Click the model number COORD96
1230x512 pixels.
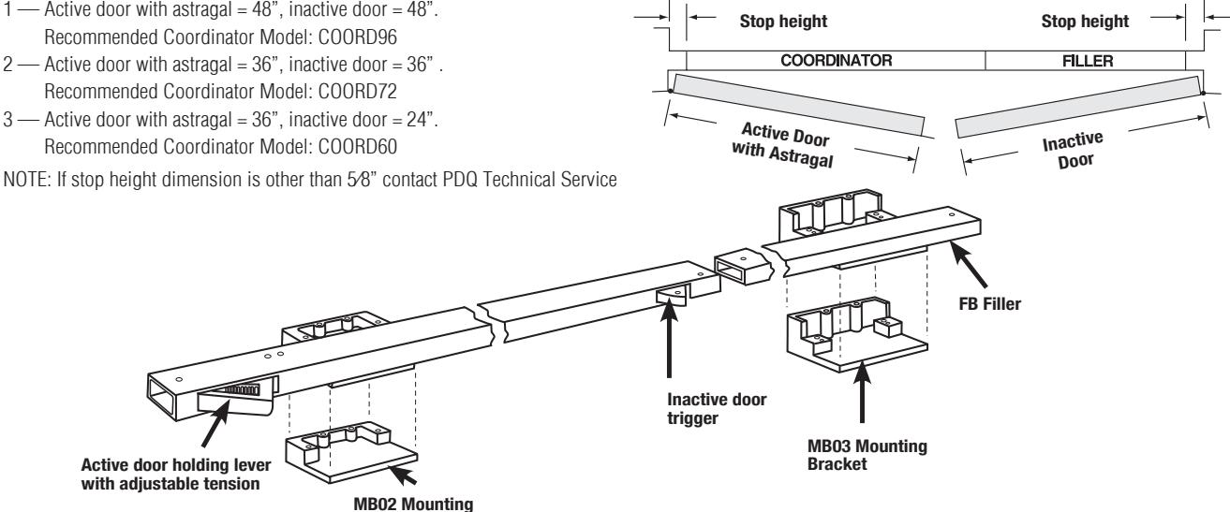[x=358, y=37]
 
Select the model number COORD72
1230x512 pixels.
[x=358, y=92]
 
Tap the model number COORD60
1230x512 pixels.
[x=358, y=147]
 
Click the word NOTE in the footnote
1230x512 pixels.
[x=26, y=180]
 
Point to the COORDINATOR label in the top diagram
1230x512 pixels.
[x=837, y=60]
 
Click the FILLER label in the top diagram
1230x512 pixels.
[x=1088, y=61]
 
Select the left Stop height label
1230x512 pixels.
[x=783, y=22]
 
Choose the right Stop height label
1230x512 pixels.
[x=1085, y=22]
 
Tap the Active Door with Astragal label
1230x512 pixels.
[x=783, y=145]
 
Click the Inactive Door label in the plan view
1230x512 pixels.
[x=1073, y=151]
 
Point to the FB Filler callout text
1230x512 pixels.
[x=989, y=304]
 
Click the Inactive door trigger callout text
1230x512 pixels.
[x=717, y=408]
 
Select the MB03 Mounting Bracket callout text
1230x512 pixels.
[x=867, y=455]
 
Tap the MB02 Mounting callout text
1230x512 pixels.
[x=413, y=504]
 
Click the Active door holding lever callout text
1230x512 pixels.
[x=176, y=475]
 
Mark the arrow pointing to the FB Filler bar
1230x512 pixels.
[x=969, y=265]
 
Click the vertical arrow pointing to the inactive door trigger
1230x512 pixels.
[x=669, y=338]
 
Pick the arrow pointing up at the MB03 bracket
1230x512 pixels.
[x=862, y=391]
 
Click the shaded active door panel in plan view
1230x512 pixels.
[x=798, y=104]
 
